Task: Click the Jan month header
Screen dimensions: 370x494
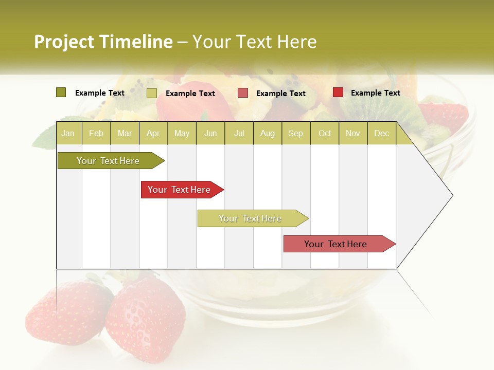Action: click(x=68, y=133)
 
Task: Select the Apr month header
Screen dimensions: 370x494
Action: click(x=153, y=133)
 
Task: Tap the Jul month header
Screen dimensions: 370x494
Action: click(x=239, y=133)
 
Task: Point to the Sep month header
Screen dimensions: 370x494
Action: click(x=295, y=133)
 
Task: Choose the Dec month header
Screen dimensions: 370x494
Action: click(x=381, y=133)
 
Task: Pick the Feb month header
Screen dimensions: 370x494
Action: click(x=96, y=133)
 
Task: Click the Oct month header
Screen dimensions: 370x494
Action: click(x=325, y=133)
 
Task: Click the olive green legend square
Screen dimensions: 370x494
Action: click(x=61, y=92)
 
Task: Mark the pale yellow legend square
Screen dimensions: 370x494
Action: click(x=152, y=93)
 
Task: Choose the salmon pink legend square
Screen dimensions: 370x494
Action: click(x=243, y=93)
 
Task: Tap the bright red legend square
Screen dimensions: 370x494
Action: click(x=338, y=92)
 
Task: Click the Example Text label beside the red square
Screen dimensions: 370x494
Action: click(x=375, y=93)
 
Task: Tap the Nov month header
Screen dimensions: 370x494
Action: click(x=353, y=133)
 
